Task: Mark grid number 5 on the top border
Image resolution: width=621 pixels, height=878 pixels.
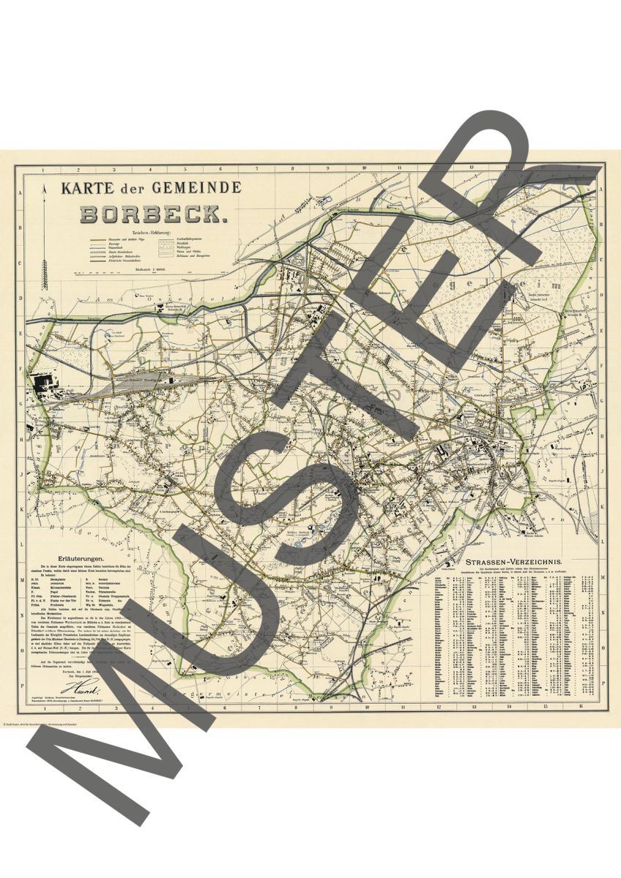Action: click(187, 168)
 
